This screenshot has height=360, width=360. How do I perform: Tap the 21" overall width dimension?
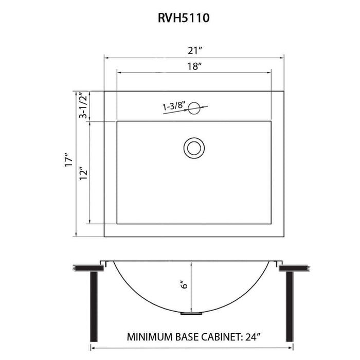tap(194, 50)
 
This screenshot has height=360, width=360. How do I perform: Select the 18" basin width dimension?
tap(194, 66)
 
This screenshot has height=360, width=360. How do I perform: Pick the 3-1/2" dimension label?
tap(83, 106)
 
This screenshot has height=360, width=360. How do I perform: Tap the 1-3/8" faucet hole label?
tap(174, 106)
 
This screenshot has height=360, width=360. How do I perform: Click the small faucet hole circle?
tap(194, 108)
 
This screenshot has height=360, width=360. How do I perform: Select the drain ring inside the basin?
tap(194, 148)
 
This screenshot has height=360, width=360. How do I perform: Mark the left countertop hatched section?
tap(86, 268)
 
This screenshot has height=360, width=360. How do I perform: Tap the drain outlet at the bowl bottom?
tap(192, 312)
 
